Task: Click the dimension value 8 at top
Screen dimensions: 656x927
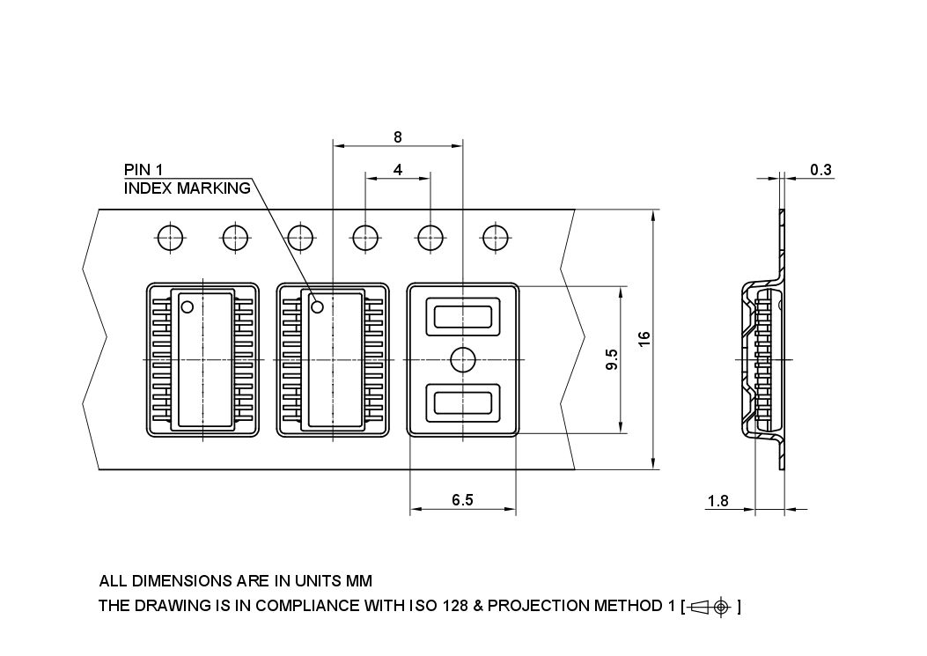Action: (398, 136)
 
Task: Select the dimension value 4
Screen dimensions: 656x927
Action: (398, 170)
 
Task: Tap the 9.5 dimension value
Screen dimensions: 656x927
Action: (612, 360)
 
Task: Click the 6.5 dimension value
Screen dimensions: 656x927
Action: (462, 499)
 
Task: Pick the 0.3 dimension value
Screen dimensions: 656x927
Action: (820, 170)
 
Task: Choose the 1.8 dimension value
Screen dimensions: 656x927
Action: (717, 501)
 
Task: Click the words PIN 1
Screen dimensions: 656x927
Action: (143, 170)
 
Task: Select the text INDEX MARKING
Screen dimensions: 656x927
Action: (187, 188)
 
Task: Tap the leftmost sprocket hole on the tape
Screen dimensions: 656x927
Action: (170, 237)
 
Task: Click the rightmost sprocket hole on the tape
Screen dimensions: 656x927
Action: (494, 237)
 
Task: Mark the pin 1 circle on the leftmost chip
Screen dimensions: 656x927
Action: (187, 306)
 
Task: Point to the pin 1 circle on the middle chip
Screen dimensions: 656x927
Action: (318, 306)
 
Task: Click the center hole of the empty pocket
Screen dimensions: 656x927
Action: (463, 359)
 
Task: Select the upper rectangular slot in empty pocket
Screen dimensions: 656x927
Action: (463, 316)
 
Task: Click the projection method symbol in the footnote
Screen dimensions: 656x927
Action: (710, 606)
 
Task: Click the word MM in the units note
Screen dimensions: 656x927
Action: (360, 581)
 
